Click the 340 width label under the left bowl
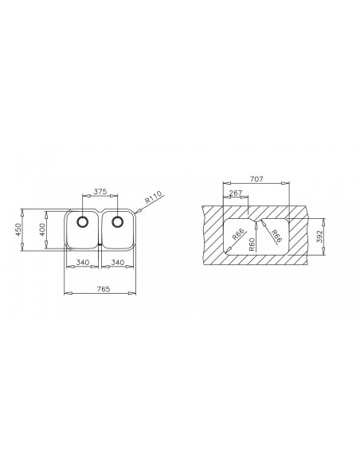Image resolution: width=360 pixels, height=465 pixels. tap(80, 263)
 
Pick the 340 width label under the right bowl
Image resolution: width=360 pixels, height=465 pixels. tap(117, 263)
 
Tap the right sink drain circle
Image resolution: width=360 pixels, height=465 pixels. tap(117, 221)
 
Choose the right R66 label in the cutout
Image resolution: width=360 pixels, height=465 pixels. tap(276, 236)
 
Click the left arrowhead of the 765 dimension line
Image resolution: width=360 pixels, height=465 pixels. tap(65, 293)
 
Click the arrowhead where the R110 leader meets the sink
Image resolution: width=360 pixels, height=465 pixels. tap(139, 211)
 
